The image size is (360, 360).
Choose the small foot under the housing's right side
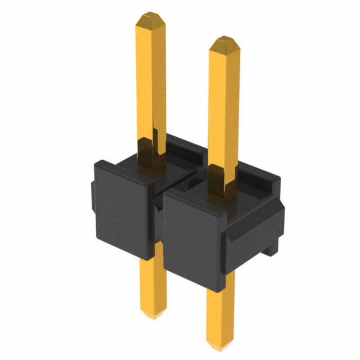[272, 247]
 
